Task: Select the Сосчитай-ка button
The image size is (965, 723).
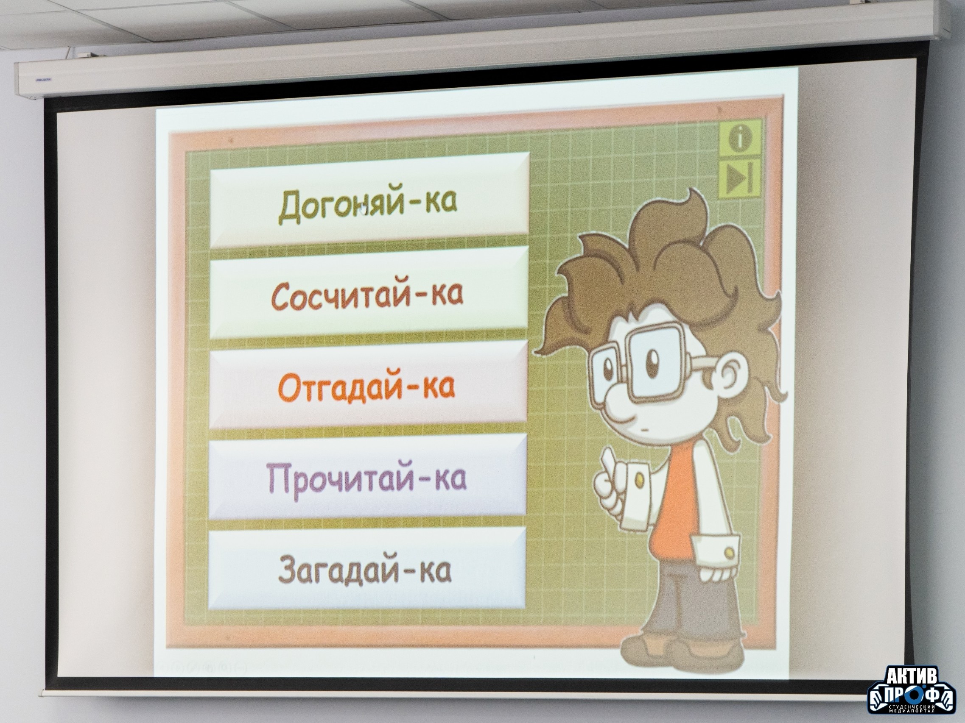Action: [369, 293]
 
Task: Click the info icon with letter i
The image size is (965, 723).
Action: [740, 139]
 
